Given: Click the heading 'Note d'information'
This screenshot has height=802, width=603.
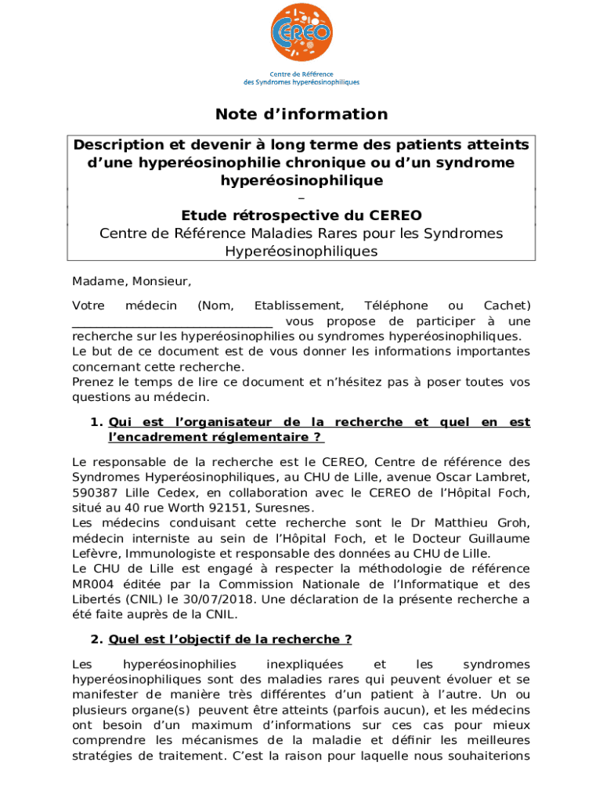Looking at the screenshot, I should tap(301, 114).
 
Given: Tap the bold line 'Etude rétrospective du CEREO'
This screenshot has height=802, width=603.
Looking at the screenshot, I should tap(301, 215).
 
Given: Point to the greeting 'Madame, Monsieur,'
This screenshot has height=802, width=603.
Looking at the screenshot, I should tap(132, 281).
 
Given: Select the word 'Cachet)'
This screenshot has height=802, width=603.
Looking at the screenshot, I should tap(507, 305).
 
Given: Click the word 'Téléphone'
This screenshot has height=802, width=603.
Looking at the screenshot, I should tap(395, 305).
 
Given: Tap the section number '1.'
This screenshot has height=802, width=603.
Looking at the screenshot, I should tap(96, 422).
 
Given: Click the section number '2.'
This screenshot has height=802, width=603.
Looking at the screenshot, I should tap(96, 639).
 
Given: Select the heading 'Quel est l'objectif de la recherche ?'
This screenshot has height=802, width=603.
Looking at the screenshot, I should tap(230, 639).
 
